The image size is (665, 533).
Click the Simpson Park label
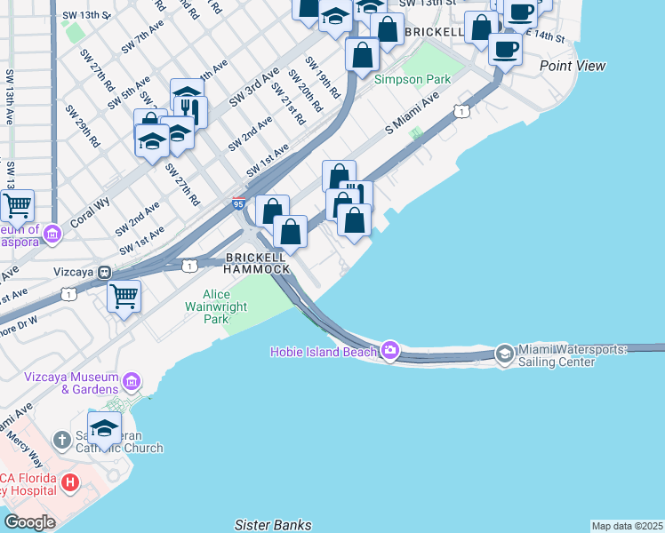[413, 79]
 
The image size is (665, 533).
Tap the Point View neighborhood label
[573, 66]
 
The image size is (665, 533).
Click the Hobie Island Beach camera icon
[390, 352]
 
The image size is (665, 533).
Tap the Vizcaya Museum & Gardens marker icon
[132, 381]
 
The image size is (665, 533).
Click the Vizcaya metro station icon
[105, 272]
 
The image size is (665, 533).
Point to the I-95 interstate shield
[238, 204]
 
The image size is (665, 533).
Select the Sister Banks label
[273, 525]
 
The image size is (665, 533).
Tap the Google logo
[29, 522]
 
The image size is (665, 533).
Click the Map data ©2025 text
[628, 526]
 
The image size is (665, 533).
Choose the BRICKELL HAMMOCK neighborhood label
[256, 262]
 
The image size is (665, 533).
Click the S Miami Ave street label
[413, 116]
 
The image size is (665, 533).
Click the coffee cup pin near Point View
[506, 48]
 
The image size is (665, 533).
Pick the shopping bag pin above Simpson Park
[363, 54]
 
